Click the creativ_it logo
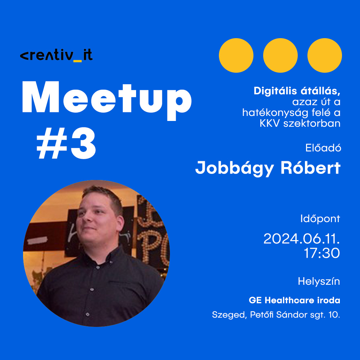tap(56, 55)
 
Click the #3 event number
tap(66, 143)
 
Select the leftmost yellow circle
tap(236, 55)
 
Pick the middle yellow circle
tap(280, 55)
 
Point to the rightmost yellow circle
tap(325, 55)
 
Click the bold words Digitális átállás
tap(297, 91)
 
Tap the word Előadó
tap(323, 148)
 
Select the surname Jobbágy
tap(234, 168)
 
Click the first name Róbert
tap(310, 168)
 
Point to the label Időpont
tap(320, 219)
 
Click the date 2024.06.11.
tap(301, 239)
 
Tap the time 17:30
tap(321, 253)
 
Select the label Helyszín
tap(319, 281)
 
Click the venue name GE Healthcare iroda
tap(294, 300)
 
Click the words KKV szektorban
tap(300, 123)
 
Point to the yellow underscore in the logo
tap(77, 61)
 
